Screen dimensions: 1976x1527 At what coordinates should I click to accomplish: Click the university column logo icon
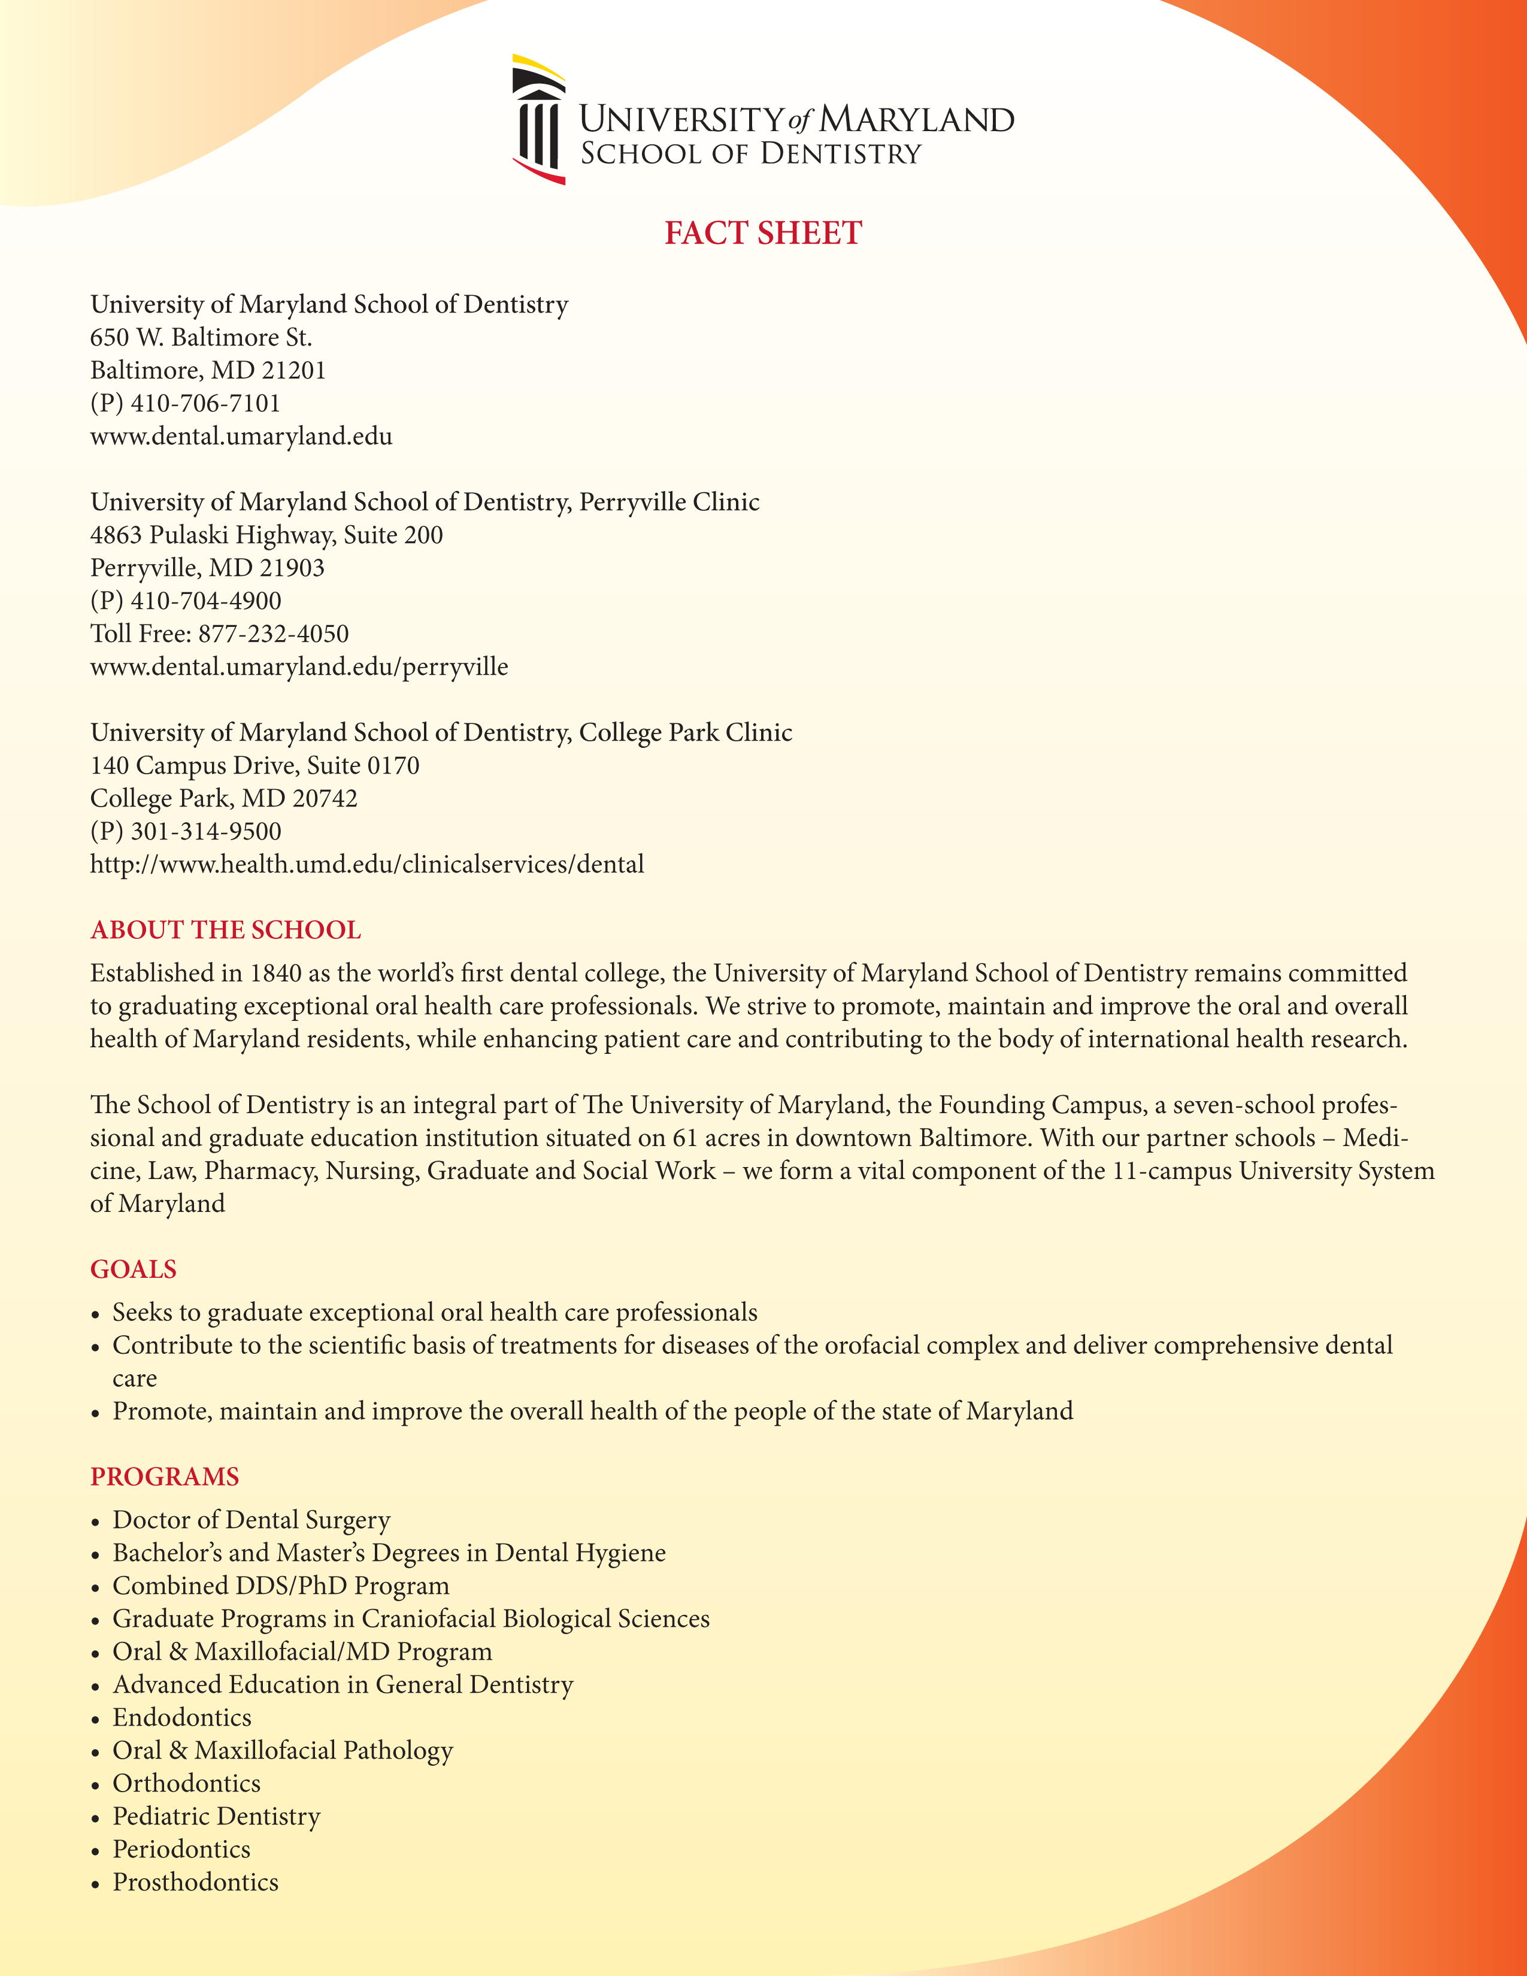[x=539, y=119]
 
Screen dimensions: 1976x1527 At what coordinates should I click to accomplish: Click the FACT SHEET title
[x=762, y=234]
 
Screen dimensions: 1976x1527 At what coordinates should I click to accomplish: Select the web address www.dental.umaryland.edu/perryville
[x=299, y=668]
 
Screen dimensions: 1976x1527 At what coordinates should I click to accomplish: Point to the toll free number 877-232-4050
[x=273, y=634]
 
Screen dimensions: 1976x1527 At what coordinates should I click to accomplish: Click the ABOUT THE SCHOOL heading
[x=225, y=930]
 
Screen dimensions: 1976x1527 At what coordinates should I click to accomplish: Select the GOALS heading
[x=133, y=1269]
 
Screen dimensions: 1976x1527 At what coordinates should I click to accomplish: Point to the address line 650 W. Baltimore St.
[x=201, y=338]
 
